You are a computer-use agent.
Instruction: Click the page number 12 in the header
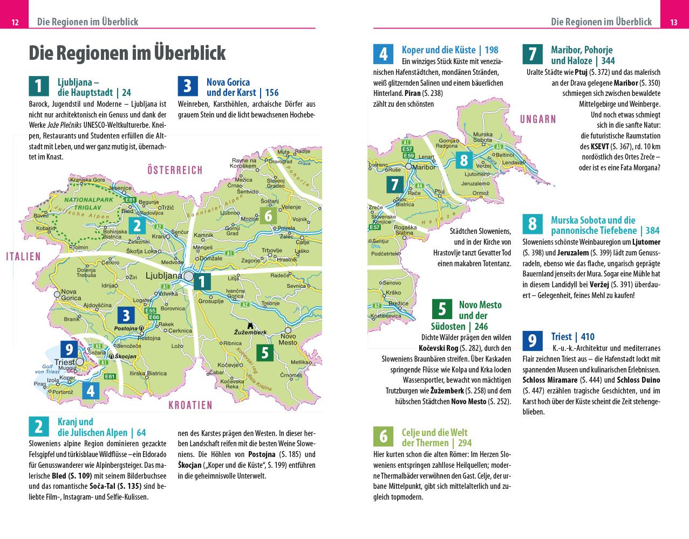point(15,22)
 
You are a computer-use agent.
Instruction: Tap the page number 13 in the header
point(673,22)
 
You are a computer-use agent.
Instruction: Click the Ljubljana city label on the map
point(164,276)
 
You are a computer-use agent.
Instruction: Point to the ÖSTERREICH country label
point(175,170)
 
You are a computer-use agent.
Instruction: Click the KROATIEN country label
point(190,405)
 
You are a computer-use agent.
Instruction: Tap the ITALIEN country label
point(24,257)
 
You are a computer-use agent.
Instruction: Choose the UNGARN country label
point(537,119)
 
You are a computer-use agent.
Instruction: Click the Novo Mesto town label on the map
point(288,339)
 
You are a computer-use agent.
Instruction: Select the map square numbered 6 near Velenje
point(268,216)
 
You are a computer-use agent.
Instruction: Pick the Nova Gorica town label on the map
point(71,295)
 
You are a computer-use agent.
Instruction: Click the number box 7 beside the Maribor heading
point(532,54)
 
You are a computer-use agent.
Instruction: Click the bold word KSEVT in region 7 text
point(600,147)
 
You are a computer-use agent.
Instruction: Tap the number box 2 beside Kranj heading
point(38,426)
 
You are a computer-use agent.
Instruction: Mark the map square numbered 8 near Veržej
point(464,160)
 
